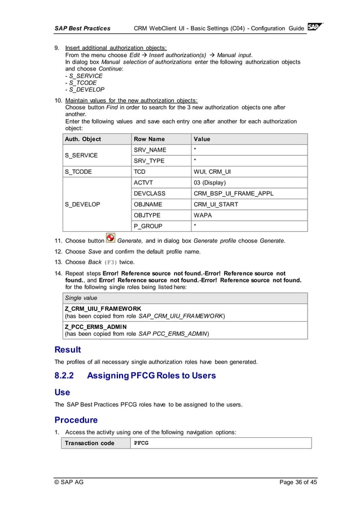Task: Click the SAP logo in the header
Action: (315, 28)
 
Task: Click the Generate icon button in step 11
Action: (111, 239)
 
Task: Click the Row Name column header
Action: (149, 139)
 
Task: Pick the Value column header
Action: (201, 139)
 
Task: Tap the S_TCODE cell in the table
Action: (78, 172)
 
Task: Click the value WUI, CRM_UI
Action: (212, 172)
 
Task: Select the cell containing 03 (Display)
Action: (209, 183)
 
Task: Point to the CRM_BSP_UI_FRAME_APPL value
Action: (233, 194)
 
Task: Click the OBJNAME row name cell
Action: (148, 204)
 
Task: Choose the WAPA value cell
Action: (203, 216)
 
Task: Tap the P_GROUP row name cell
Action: (148, 226)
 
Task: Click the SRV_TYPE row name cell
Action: (149, 161)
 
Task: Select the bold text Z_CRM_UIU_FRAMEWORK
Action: (103, 309)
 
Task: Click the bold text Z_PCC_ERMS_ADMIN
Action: (95, 327)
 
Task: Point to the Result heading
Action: (68, 349)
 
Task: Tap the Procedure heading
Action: (76, 420)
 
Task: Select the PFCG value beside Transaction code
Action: (141, 443)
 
